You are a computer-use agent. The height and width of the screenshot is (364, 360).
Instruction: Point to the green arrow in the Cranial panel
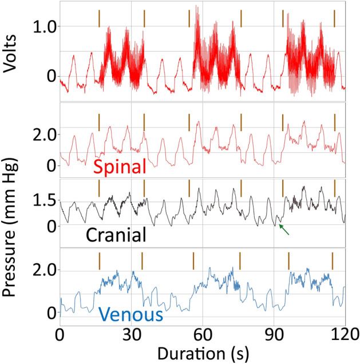284,230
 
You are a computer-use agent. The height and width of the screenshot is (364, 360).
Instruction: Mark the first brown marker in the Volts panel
99,18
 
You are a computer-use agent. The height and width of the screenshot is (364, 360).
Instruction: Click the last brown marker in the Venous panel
333,260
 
